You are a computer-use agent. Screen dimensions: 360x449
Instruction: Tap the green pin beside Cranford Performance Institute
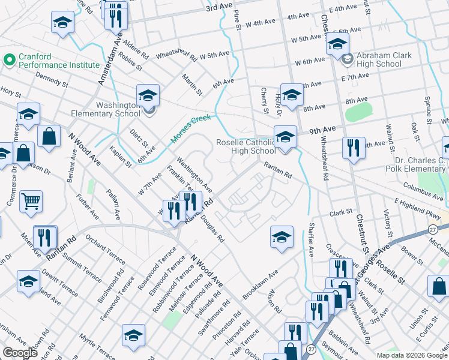click(x=9, y=60)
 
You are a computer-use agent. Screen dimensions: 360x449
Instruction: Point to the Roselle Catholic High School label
click(x=246, y=146)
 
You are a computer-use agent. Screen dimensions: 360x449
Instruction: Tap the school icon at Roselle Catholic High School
click(x=285, y=136)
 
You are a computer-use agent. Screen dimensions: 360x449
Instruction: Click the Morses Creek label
click(x=191, y=129)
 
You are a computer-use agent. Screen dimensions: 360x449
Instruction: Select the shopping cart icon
click(x=31, y=201)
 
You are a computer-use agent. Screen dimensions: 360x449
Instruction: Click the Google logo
click(x=20, y=353)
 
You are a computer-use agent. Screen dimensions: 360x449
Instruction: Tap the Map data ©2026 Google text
click(x=412, y=355)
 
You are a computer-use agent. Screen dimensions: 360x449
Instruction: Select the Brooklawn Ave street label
click(x=261, y=285)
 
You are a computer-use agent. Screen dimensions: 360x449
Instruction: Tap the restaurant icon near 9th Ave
click(x=353, y=148)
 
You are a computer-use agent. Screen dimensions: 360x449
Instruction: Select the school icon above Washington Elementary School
click(x=148, y=95)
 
